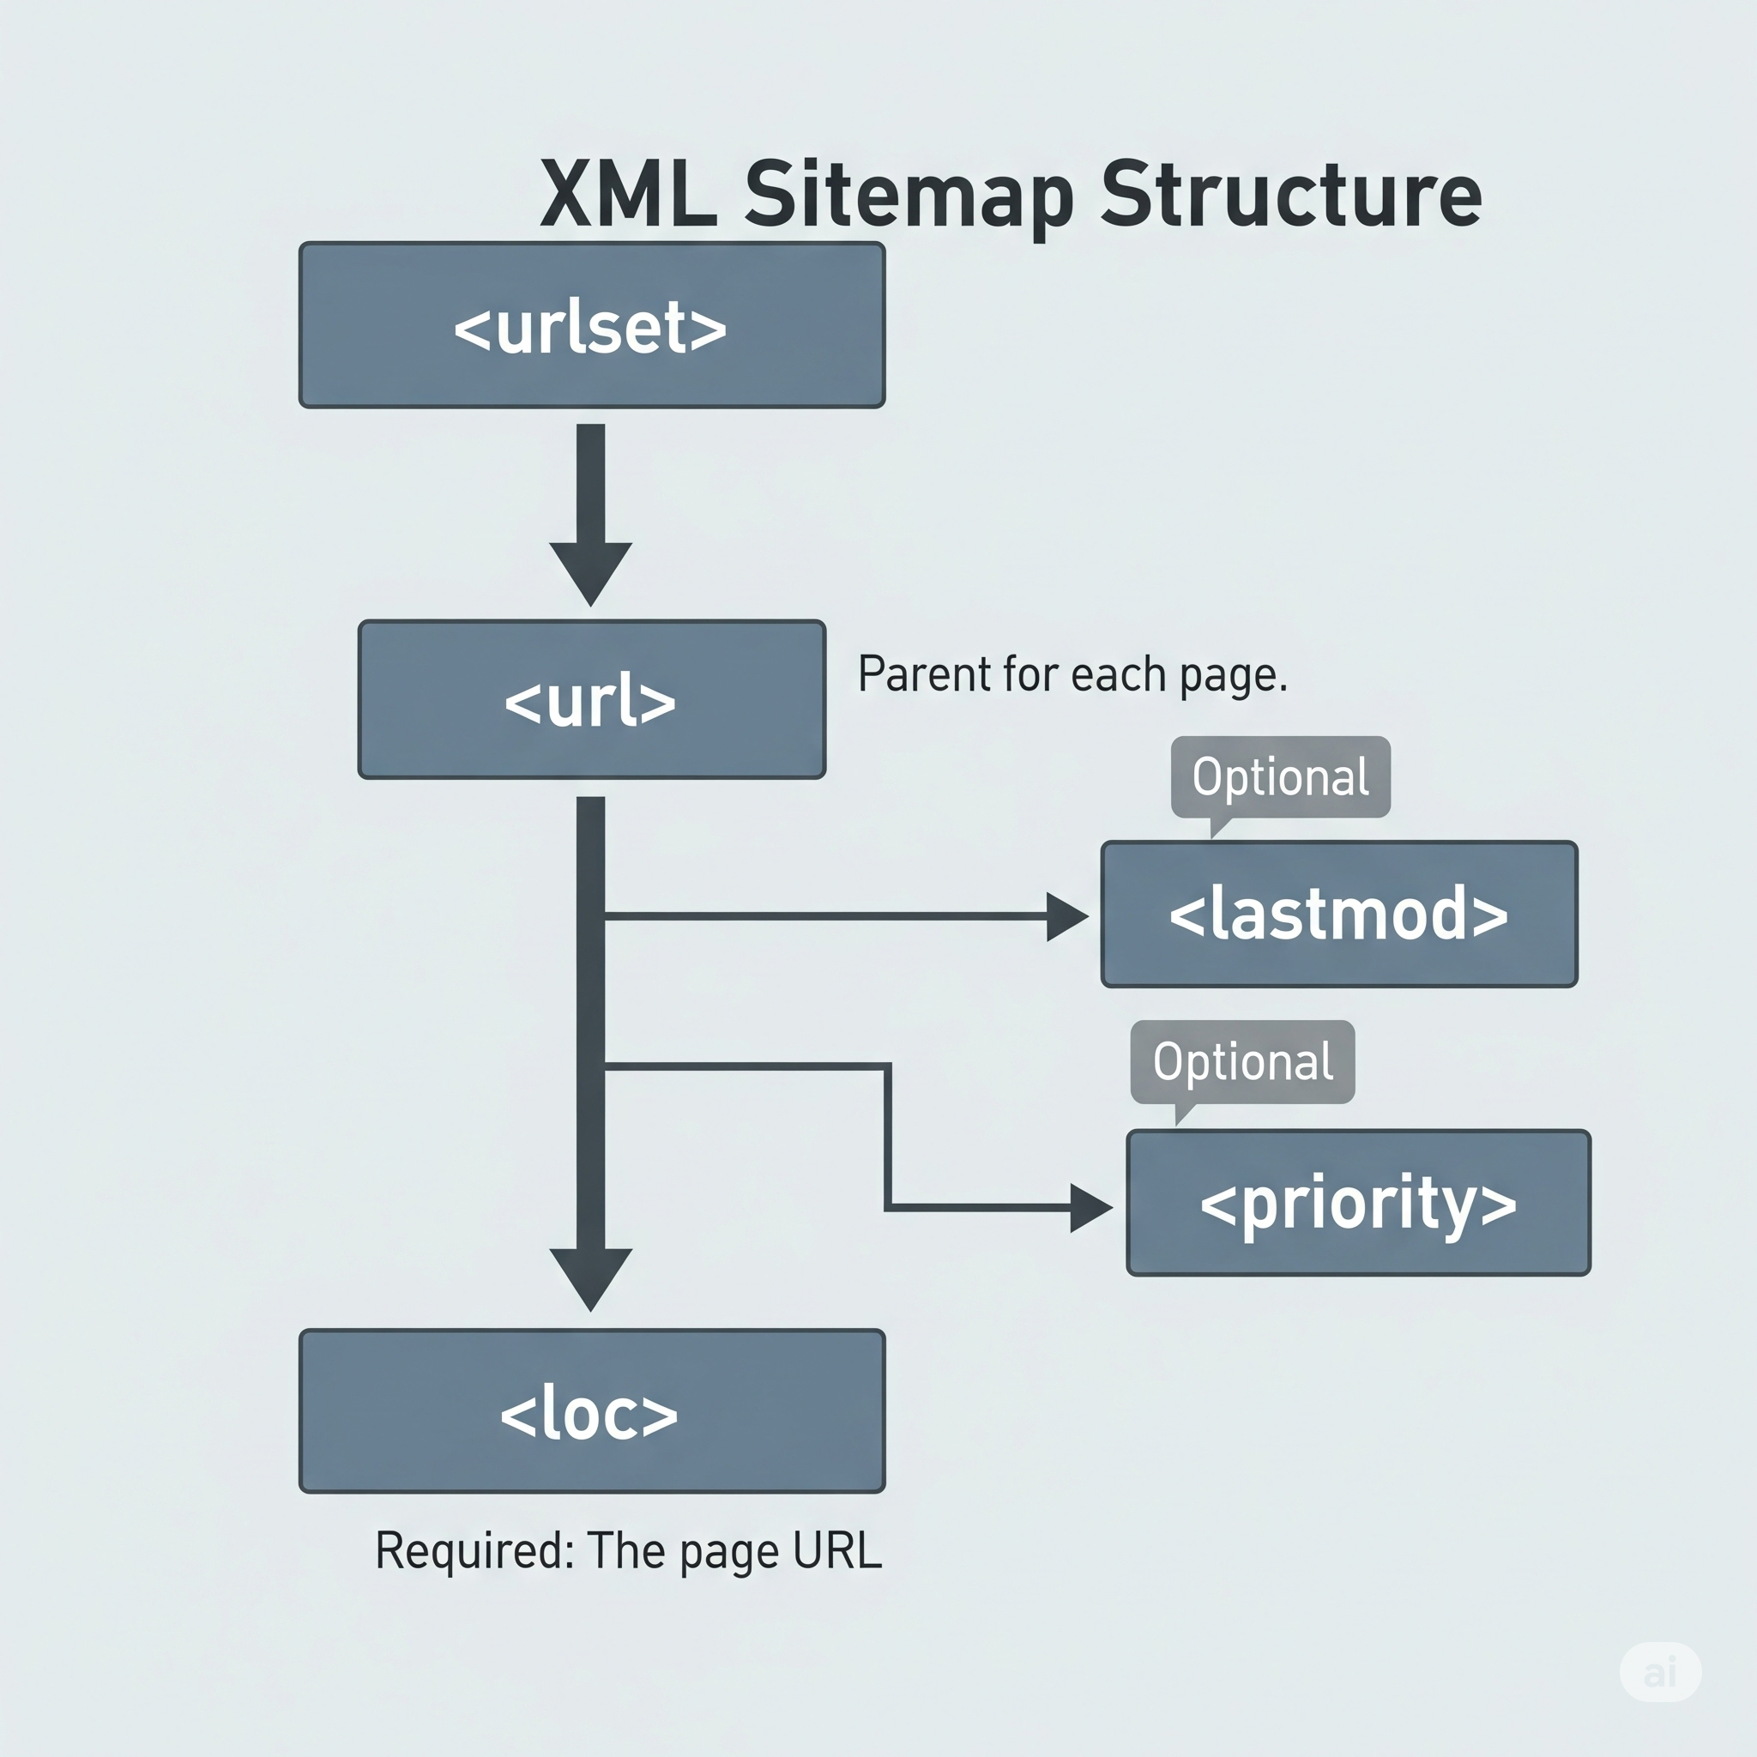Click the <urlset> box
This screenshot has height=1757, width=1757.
591,324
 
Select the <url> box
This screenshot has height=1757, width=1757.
591,699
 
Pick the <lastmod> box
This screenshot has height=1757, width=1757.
1338,914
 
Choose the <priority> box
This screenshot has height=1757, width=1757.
1358,1202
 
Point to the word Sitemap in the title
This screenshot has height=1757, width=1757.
909,196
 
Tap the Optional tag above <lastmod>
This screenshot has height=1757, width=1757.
1279,776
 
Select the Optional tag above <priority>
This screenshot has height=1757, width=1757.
1242,1061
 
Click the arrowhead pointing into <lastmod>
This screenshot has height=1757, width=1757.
1066,915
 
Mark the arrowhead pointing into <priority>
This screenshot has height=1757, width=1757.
1090,1208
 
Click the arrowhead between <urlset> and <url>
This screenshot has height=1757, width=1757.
590,571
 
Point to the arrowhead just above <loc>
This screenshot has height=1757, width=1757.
590,1276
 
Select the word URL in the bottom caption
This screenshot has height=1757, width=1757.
836,1550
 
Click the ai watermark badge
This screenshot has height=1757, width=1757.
1661,1670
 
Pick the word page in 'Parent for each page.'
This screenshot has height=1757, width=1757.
1232,678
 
